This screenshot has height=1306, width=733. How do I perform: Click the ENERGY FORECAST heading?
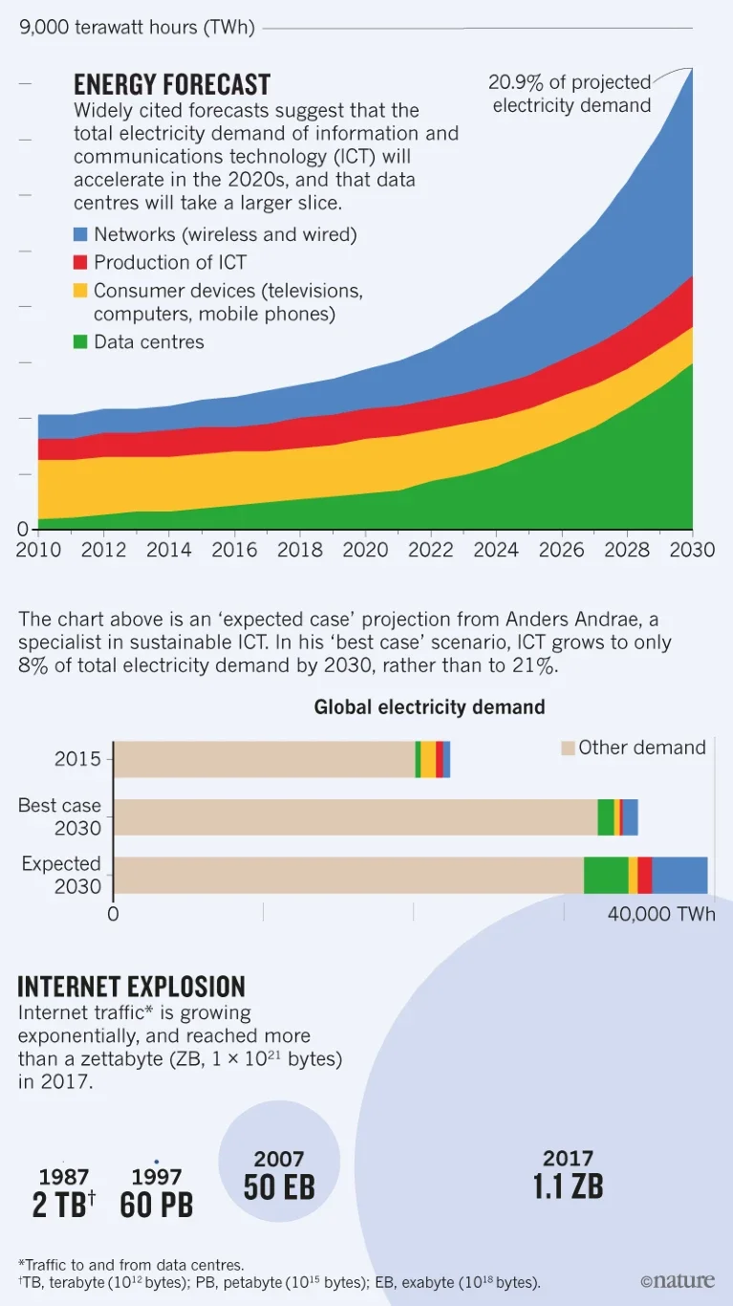click(172, 84)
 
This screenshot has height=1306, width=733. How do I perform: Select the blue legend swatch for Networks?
click(81, 234)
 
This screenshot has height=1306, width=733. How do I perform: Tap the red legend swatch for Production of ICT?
click(81, 262)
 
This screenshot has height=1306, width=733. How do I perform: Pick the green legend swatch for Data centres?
click(81, 341)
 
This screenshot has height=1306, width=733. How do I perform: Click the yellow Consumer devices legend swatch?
click(81, 290)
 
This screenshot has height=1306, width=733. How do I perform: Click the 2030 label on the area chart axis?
click(692, 550)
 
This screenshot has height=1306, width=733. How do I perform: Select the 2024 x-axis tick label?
click(495, 550)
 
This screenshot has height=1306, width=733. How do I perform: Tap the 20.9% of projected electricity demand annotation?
click(571, 94)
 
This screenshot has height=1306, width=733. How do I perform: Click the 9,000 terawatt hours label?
click(138, 28)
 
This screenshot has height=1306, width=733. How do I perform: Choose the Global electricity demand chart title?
click(429, 707)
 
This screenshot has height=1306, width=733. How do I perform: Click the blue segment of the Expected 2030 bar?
click(679, 875)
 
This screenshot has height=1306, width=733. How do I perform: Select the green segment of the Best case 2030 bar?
click(606, 817)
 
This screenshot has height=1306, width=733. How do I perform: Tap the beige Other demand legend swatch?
click(568, 748)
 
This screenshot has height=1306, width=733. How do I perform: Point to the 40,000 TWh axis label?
click(661, 914)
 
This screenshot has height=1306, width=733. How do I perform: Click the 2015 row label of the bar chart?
click(77, 760)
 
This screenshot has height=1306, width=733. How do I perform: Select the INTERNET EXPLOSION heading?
click(132, 987)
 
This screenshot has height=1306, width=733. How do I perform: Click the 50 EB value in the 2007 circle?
click(279, 1187)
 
